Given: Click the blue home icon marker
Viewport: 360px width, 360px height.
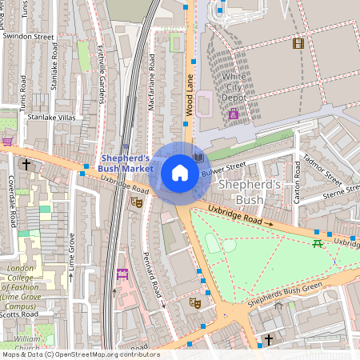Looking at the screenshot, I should coord(180,173).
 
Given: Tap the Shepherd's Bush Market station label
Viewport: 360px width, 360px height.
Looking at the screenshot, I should coord(126,163).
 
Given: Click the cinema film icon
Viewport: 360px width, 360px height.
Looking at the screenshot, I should coord(298,43).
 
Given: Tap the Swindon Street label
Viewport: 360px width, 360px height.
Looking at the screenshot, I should coord(28,37).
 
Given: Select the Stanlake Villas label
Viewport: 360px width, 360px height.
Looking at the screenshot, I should coord(49,117).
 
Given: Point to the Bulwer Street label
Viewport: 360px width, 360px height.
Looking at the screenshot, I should coord(223,169).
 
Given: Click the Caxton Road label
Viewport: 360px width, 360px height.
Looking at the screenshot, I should coord(297,182).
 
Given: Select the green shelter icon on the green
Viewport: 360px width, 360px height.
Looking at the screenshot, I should coord(318,242).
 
